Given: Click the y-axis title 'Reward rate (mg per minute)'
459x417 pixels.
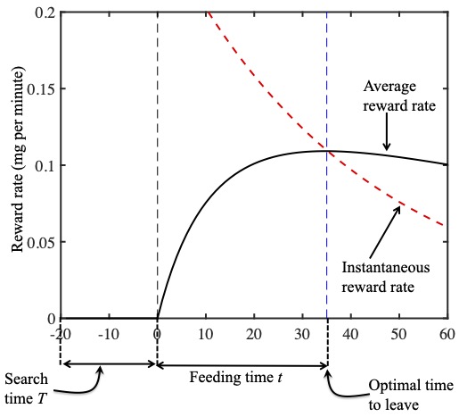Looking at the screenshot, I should (16, 166).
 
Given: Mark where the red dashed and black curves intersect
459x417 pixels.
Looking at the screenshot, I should (327, 151).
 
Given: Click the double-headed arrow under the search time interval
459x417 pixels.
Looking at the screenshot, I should (108, 364).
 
